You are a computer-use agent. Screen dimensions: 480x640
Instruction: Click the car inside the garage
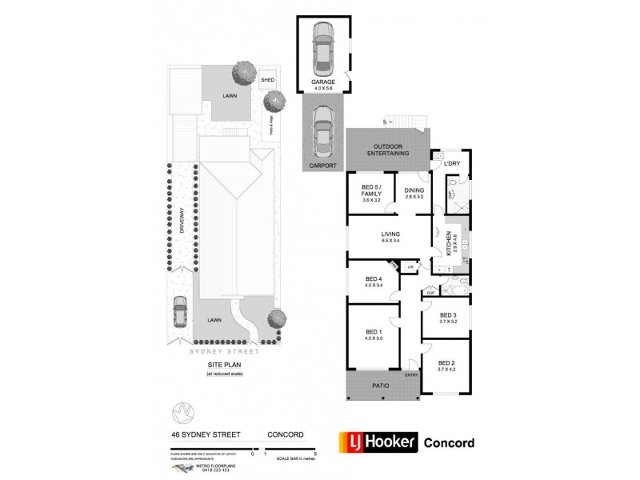[x=324, y=48]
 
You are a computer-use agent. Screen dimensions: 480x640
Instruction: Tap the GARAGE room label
[x=323, y=82]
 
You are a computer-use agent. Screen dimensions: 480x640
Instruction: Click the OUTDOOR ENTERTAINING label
[x=389, y=150]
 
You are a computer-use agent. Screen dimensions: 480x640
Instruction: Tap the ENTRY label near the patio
[x=411, y=374]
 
